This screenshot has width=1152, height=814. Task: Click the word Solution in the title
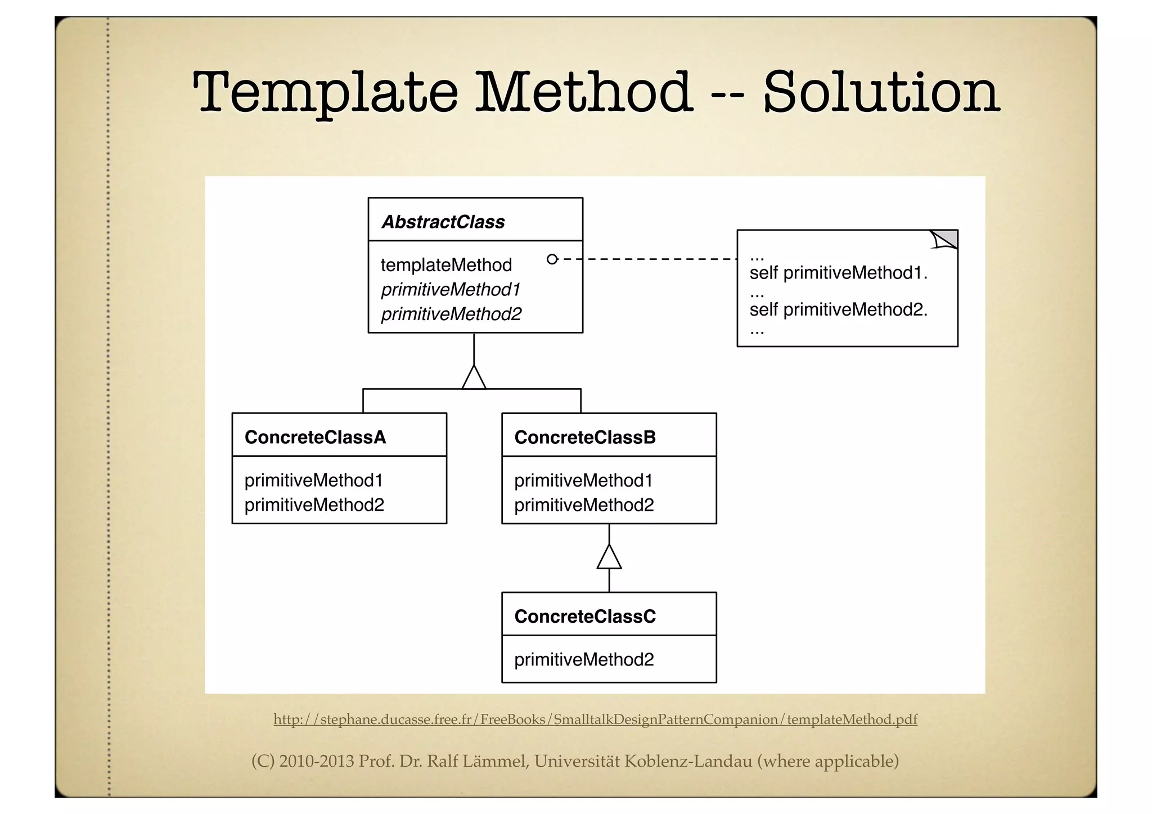(881, 93)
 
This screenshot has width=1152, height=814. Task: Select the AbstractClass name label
(443, 222)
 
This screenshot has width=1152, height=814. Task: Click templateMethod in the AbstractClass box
(446, 265)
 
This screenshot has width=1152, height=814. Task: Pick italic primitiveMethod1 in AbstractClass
(451, 290)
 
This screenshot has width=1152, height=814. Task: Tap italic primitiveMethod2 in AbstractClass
(451, 314)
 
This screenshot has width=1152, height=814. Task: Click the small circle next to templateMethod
(552, 259)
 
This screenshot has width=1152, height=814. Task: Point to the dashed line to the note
(647, 259)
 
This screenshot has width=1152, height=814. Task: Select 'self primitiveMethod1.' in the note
(838, 273)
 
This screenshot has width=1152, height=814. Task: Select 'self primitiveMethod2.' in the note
(838, 309)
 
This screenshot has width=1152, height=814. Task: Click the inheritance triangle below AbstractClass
(474, 377)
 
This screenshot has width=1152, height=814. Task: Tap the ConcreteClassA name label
(315, 437)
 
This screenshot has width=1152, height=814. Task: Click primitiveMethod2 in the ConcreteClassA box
(314, 505)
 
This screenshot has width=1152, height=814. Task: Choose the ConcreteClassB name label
(584, 437)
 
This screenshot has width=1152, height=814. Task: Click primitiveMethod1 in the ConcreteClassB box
(583, 480)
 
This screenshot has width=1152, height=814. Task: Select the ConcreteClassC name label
(584, 617)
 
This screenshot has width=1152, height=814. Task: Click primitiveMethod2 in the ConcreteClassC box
(584, 659)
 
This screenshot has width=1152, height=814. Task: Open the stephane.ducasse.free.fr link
(595, 719)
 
